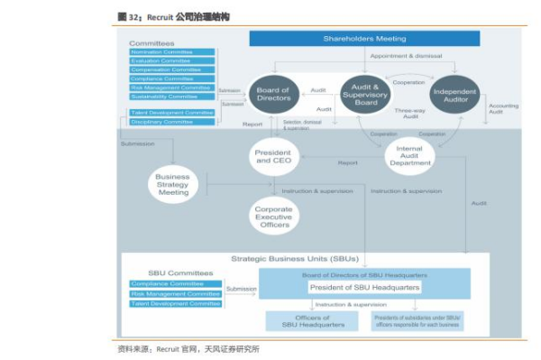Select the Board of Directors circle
[x=272, y=95]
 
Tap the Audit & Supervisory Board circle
[x=365, y=95]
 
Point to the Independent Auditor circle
[x=454, y=96]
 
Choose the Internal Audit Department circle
[x=410, y=156]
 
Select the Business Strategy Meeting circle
[x=173, y=185]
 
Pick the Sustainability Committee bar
[x=172, y=96]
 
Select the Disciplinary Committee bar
[x=172, y=122]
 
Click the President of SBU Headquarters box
[x=364, y=288]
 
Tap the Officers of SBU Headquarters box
[x=299, y=321]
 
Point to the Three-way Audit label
[x=410, y=113]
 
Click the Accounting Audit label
[x=503, y=109]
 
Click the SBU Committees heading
[x=180, y=272]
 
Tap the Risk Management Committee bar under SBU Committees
[x=176, y=293]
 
